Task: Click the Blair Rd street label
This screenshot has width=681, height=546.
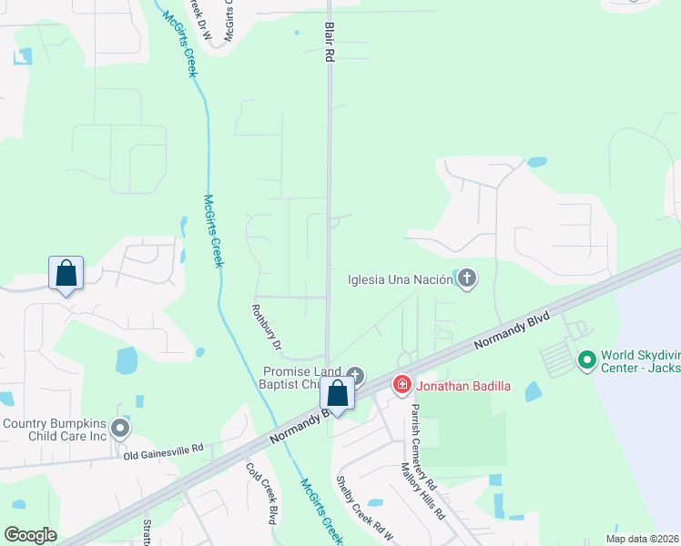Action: tap(329, 44)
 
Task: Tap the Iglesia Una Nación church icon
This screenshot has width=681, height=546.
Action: tap(466, 278)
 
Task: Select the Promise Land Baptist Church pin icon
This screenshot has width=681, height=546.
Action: tap(356, 375)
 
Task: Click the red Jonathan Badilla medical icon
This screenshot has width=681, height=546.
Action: tap(401, 385)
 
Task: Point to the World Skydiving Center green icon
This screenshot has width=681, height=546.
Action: tap(585, 361)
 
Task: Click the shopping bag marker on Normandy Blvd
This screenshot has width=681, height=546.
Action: tap(338, 395)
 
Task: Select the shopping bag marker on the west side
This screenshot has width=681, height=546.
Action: tap(66, 272)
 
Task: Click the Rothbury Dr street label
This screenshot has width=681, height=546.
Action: tap(268, 327)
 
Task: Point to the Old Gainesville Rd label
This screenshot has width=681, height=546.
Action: tap(164, 450)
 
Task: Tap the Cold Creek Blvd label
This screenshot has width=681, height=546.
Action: tap(261, 492)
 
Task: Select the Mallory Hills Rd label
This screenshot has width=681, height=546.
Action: tap(423, 490)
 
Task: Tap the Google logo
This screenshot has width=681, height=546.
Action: tap(30, 535)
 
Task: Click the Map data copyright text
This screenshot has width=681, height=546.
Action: tap(642, 539)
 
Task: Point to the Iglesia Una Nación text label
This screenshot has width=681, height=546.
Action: tap(400, 279)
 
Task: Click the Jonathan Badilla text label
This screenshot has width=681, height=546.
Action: tap(463, 386)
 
